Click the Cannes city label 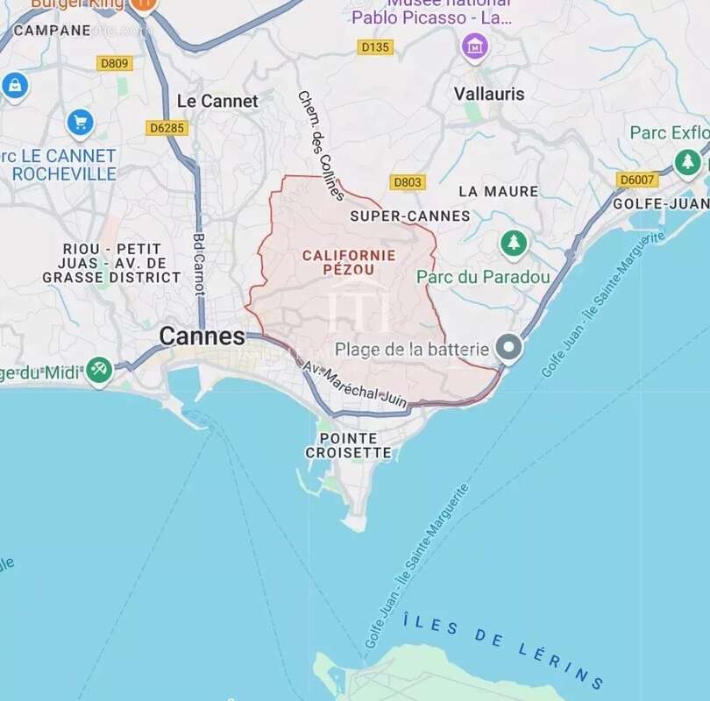click(x=202, y=336)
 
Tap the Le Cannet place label click(x=217, y=101)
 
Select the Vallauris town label click(x=489, y=94)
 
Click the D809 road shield click(x=115, y=63)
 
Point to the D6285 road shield click(x=167, y=128)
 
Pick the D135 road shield click(x=374, y=47)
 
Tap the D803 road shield click(x=408, y=182)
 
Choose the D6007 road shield click(x=637, y=180)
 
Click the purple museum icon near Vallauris click(x=475, y=45)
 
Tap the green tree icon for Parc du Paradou click(x=514, y=243)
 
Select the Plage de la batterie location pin click(x=508, y=349)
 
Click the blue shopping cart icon click(x=80, y=123)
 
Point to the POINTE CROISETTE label click(x=348, y=445)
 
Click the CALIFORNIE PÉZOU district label click(x=348, y=262)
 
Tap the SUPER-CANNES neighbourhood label click(x=409, y=216)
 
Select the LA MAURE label click(x=498, y=191)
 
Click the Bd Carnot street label click(x=199, y=264)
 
